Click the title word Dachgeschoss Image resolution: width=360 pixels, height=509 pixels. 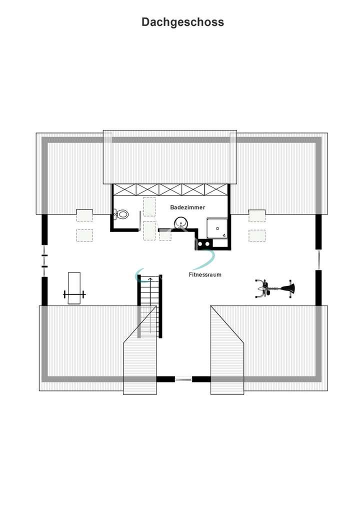[182, 22]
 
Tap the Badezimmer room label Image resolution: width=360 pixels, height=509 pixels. [187, 206]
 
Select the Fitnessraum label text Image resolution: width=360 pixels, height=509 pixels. [204, 274]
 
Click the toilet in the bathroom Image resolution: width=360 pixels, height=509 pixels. [121, 214]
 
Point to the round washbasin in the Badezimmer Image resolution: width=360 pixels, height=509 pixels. [180, 222]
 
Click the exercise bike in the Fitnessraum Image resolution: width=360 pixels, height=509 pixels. [274, 288]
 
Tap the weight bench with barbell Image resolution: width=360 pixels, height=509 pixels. [74, 288]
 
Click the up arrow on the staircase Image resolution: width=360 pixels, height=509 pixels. [149, 279]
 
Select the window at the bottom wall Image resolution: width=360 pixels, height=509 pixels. [183, 379]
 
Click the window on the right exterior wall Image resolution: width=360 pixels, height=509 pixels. [318, 259]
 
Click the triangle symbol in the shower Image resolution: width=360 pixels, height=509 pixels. [224, 234]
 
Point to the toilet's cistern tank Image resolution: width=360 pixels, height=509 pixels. [115, 214]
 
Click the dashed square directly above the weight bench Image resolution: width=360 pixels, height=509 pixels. [84, 235]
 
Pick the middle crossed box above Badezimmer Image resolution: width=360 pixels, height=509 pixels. [170, 189]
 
